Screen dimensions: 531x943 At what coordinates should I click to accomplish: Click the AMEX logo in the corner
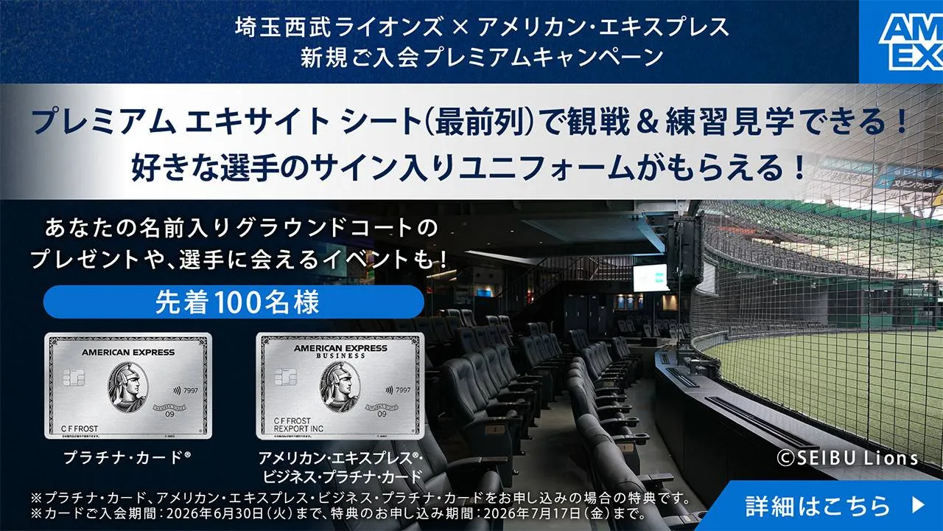pos(901,42)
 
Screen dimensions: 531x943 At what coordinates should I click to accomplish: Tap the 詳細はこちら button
pos(832,506)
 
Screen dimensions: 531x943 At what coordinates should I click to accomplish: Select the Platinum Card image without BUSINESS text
pos(128,386)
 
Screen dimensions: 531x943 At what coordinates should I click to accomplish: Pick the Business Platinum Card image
pos(340,386)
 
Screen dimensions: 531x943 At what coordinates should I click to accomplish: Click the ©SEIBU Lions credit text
pos(848,459)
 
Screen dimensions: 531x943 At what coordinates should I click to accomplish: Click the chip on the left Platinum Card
pos(67,378)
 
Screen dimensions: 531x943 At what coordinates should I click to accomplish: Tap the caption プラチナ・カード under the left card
pos(126,457)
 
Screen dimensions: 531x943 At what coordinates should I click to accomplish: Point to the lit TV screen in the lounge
pos(649,277)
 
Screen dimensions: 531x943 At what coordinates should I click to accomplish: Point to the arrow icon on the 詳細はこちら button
pos(918,506)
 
